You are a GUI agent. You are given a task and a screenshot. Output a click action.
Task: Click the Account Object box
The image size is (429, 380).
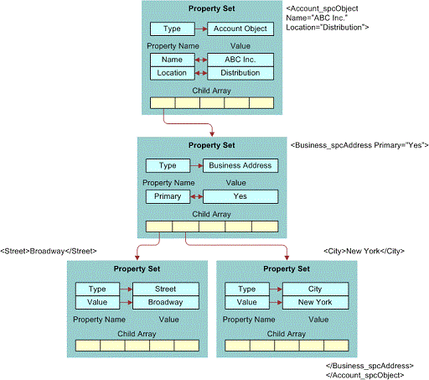(x=240, y=29)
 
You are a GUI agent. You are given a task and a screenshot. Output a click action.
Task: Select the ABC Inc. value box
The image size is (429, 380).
(x=240, y=60)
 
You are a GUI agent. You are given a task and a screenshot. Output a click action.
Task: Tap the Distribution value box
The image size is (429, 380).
(x=240, y=73)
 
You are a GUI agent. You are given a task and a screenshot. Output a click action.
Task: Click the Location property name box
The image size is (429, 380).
(x=172, y=73)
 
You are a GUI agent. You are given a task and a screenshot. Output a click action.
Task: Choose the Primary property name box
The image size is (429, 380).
(x=168, y=196)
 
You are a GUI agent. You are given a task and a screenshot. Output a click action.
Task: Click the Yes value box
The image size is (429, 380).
(x=240, y=196)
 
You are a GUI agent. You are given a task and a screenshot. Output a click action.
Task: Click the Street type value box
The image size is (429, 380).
(x=165, y=289)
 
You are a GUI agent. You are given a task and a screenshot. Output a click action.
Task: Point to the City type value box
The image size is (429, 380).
(x=315, y=289)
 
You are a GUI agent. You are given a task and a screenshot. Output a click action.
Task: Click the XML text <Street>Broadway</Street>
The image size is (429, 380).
(x=49, y=251)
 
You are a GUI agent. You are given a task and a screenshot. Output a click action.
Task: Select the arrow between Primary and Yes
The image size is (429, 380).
(x=197, y=196)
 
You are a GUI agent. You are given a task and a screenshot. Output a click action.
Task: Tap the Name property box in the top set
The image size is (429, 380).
(x=172, y=60)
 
